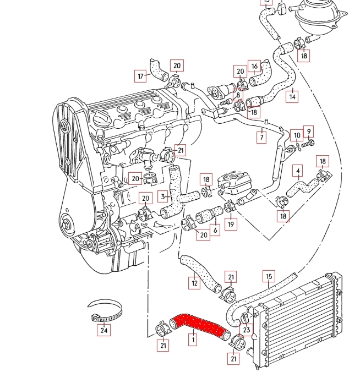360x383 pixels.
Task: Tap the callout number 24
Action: pos(103,330)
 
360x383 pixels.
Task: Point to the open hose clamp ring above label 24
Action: pos(105,311)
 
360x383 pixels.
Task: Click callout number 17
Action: pos(141,75)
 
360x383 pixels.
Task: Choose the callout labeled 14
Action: pos(292,96)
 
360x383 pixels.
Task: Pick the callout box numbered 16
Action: pos(254,67)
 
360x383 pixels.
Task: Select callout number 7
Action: pos(262,136)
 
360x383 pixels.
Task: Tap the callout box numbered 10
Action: pos(297,135)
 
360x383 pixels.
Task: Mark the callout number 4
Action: pos(298,171)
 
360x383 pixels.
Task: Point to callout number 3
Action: pos(163,195)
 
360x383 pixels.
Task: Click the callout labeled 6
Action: pos(215,231)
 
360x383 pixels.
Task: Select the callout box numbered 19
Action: pos(231,224)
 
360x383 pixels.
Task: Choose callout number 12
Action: pos(194,283)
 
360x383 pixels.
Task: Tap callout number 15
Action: pos(269,276)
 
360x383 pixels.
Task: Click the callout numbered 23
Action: pos(247,330)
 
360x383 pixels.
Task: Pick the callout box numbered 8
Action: pos(237,95)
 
